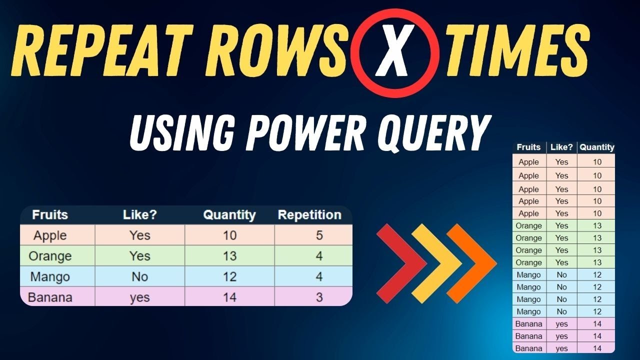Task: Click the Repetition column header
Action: coord(309,215)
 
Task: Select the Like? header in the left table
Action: coord(140,215)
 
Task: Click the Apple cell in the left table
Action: coord(50,235)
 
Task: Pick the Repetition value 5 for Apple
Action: coord(319,235)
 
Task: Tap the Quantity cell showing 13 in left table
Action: coord(229,256)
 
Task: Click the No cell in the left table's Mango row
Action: coord(140,276)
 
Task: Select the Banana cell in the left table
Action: coord(50,297)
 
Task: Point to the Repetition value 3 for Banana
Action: coord(319,297)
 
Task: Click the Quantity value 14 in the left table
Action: coord(229,297)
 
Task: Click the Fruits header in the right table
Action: coord(528,147)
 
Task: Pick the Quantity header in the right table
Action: coord(596,147)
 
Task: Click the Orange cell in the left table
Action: coord(50,256)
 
